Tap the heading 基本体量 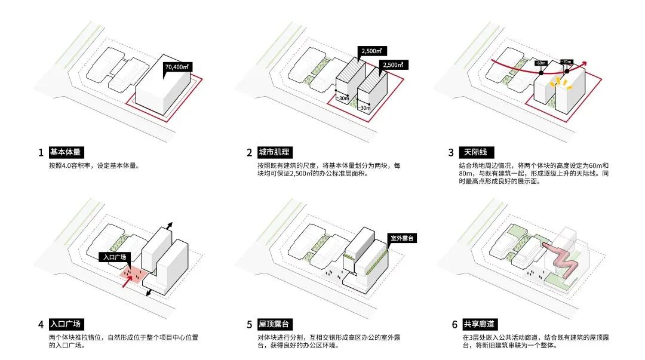[66, 152]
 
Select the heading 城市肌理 [274, 152]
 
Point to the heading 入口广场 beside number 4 [66, 324]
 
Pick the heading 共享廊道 [480, 324]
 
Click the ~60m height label [540, 63]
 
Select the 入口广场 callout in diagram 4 [113, 257]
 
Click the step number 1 [41, 153]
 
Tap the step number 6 [454, 325]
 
